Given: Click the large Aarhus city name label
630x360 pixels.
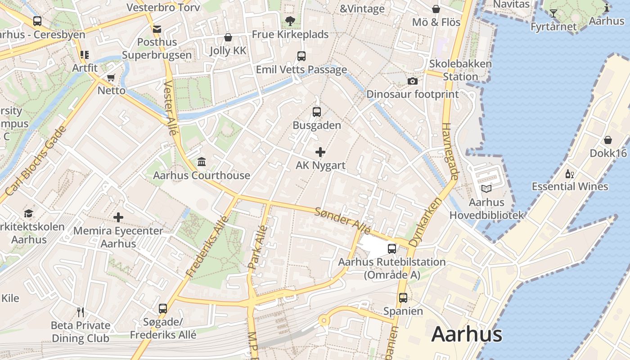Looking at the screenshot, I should [467, 335].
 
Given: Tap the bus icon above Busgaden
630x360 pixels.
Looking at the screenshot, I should [317, 112].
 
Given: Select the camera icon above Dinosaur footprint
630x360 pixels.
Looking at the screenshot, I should [412, 81].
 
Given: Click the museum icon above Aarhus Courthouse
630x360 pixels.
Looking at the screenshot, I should [202, 162].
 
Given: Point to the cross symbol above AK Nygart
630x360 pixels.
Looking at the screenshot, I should [320, 152].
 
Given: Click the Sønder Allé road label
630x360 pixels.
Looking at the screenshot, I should [342, 220].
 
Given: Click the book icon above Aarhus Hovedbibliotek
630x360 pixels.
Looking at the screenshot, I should [486, 189].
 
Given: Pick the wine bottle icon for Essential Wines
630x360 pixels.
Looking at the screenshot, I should [570, 174].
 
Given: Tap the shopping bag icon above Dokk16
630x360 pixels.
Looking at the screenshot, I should [608, 140].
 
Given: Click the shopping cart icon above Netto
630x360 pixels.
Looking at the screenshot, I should [111, 77].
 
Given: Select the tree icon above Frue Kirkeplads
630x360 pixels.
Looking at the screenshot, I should [290, 21].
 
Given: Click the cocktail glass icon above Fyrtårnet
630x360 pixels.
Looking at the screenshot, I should [553, 13].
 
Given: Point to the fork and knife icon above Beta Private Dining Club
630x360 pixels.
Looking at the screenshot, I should [81, 312].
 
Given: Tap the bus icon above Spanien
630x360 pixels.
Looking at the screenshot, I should [403, 297].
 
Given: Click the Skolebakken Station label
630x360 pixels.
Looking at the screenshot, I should [460, 70].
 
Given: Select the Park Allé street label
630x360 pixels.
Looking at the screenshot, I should [258, 247].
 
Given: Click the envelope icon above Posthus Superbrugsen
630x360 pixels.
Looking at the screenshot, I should [157, 29].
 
